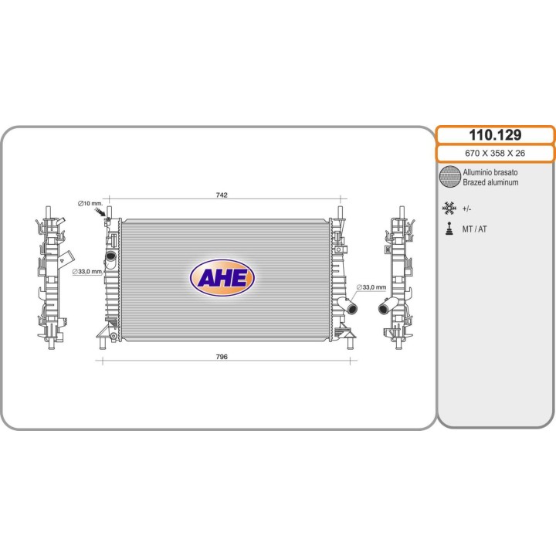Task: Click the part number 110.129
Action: coord(495,134)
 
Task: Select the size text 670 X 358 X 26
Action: coord(495,153)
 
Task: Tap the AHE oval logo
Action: coord(222,278)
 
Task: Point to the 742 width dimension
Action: coord(222,195)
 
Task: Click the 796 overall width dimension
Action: coord(222,357)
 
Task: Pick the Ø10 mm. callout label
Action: coord(90,203)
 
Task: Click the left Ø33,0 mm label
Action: coord(86,272)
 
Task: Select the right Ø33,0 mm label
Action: coord(371,287)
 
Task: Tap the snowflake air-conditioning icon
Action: coord(449,208)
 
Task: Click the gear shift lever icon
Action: coord(449,229)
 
